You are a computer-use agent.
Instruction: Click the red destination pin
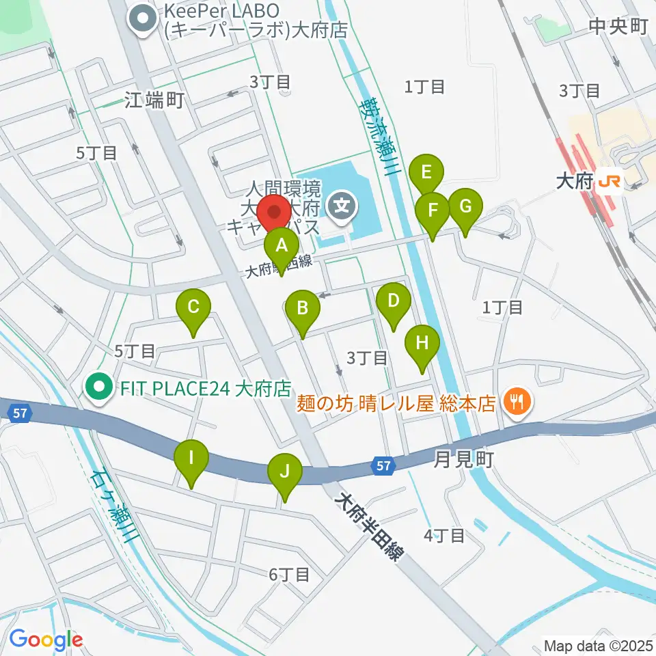pos(275,213)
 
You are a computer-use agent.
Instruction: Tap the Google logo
pos(46,639)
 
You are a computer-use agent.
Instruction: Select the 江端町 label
pos(155,101)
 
